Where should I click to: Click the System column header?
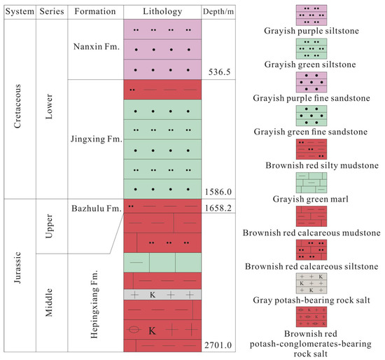[21, 11]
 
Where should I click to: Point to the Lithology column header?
[162, 11]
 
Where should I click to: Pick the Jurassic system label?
[20, 277]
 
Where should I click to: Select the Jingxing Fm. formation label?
[97, 139]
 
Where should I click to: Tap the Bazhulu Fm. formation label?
[95, 208]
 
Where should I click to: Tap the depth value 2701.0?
[213, 345]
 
